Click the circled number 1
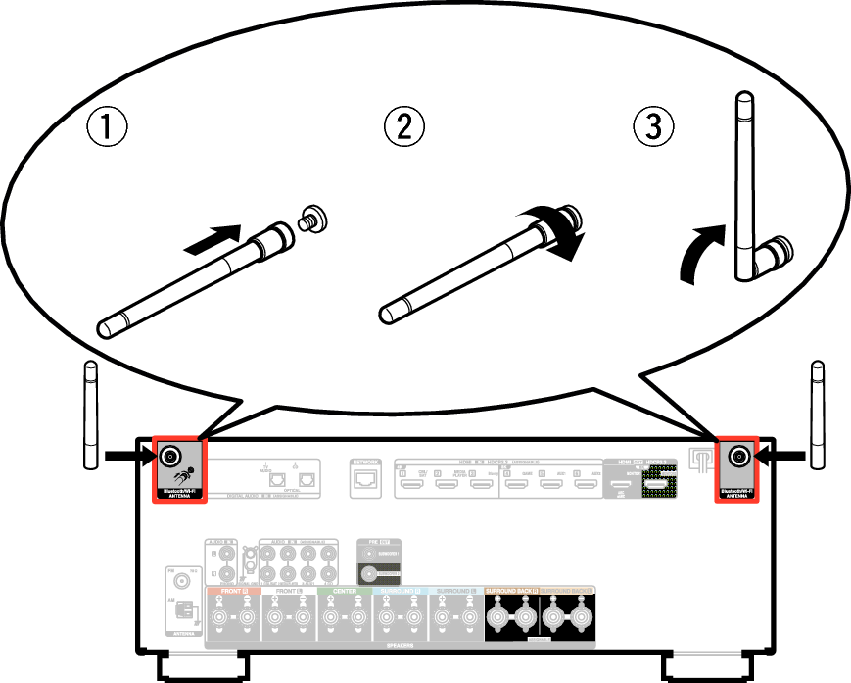tap(107, 126)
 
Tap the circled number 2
tap(404, 126)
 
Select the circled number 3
tap(654, 126)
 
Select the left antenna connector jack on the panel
tap(169, 456)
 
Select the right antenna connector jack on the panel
tap(737, 456)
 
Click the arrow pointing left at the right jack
tap(782, 455)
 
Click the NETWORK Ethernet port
tap(365, 480)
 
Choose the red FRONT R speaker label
tap(232, 591)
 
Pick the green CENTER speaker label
tap(345, 591)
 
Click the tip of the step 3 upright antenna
tap(744, 97)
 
